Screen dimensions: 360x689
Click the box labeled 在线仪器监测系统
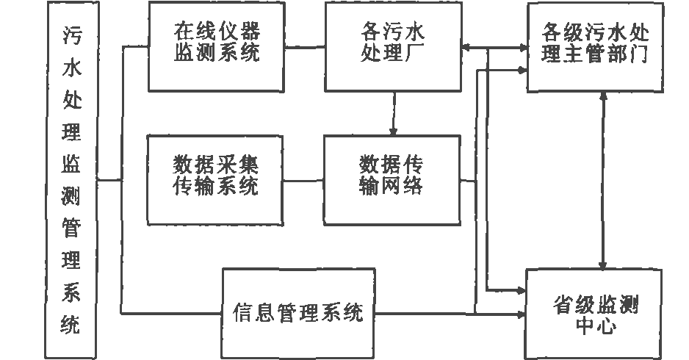pyautogui.click(x=217, y=46)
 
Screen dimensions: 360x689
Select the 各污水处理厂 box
pyautogui.click(x=394, y=46)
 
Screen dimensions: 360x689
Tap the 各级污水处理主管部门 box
pyautogui.click(x=594, y=46)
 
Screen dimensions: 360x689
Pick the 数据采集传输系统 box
pyautogui.click(x=216, y=179)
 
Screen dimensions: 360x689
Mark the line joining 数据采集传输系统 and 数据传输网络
pyautogui.click(x=303, y=180)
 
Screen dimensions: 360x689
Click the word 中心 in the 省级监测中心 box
pyautogui.click(x=593, y=325)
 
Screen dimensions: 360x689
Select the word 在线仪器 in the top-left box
pyautogui.click(x=217, y=34)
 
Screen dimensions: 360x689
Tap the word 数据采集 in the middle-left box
pyautogui.click(x=216, y=163)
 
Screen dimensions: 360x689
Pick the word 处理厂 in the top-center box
pyautogui.click(x=393, y=55)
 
